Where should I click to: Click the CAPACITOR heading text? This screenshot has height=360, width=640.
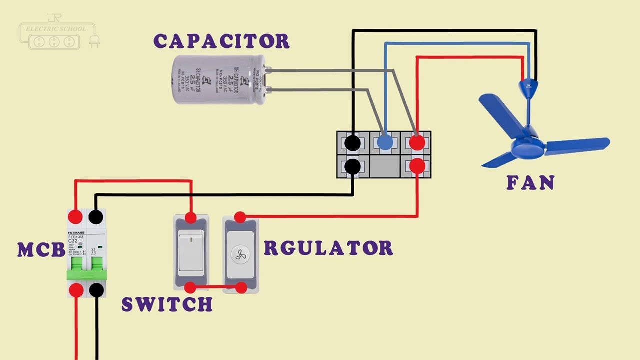click(221, 41)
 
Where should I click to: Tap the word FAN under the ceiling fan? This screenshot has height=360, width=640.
click(530, 183)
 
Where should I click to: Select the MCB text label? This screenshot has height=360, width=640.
click(41, 250)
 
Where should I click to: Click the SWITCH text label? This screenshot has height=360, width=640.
click(167, 304)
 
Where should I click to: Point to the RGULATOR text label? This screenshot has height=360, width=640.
click(328, 248)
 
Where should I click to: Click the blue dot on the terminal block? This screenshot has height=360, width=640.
click(385, 143)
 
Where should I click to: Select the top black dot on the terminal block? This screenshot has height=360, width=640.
click(352, 143)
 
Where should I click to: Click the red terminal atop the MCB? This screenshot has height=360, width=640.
click(75, 217)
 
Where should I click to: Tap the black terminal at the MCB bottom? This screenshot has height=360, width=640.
click(96, 290)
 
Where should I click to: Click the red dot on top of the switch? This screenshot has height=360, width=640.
click(190, 217)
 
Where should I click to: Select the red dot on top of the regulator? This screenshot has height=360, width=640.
click(240, 217)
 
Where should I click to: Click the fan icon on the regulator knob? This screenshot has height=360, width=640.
click(240, 253)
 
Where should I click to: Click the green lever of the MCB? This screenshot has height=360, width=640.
click(87, 270)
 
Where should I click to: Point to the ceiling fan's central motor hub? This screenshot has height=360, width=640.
click(528, 148)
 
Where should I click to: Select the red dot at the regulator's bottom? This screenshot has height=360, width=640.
click(241, 288)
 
